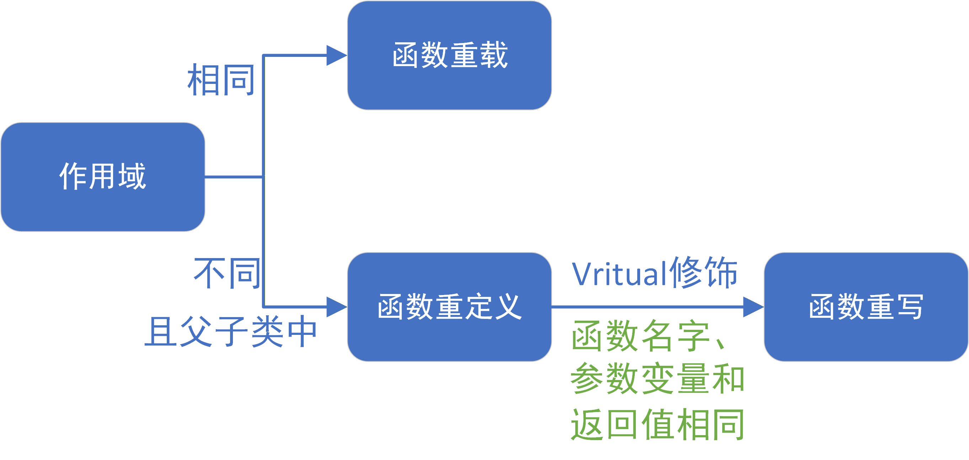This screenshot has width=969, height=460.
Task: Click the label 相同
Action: [x=221, y=80]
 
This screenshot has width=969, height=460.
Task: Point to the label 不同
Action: [x=227, y=273]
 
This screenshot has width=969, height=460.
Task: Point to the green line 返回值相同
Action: [x=657, y=424]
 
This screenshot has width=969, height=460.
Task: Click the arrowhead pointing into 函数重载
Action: [x=336, y=56]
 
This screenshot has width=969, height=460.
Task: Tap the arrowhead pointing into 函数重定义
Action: [x=336, y=307]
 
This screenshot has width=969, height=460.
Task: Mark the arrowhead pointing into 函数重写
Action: [x=752, y=307]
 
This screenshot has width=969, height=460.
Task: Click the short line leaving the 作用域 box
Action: [x=233, y=176]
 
